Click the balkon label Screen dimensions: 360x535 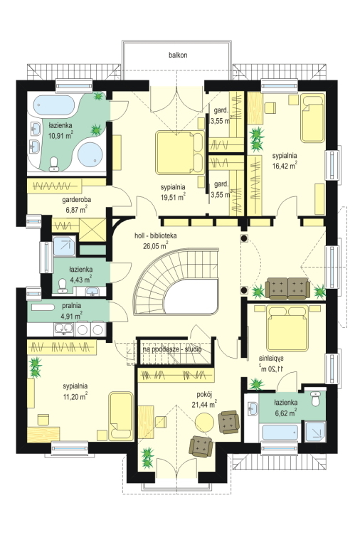click(178, 55)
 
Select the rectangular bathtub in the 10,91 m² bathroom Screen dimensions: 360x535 click(54, 105)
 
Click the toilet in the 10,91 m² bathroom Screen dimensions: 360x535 click(54, 164)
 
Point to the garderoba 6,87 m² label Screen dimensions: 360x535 click(76, 205)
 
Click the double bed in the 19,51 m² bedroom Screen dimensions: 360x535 click(180, 152)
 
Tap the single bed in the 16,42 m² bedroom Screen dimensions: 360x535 click(312, 118)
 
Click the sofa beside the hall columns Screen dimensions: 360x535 click(287, 289)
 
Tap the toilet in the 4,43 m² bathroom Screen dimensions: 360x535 click(63, 286)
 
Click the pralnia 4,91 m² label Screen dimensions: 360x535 click(71, 311)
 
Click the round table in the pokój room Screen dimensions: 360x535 click(204, 422)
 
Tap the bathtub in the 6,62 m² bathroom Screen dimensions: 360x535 click(280, 433)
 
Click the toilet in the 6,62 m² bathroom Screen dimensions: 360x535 click(315, 398)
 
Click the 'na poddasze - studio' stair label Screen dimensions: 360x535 click(172, 349)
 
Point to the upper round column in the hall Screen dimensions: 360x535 click(243, 238)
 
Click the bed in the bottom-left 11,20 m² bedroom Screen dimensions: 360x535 click(121, 416)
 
